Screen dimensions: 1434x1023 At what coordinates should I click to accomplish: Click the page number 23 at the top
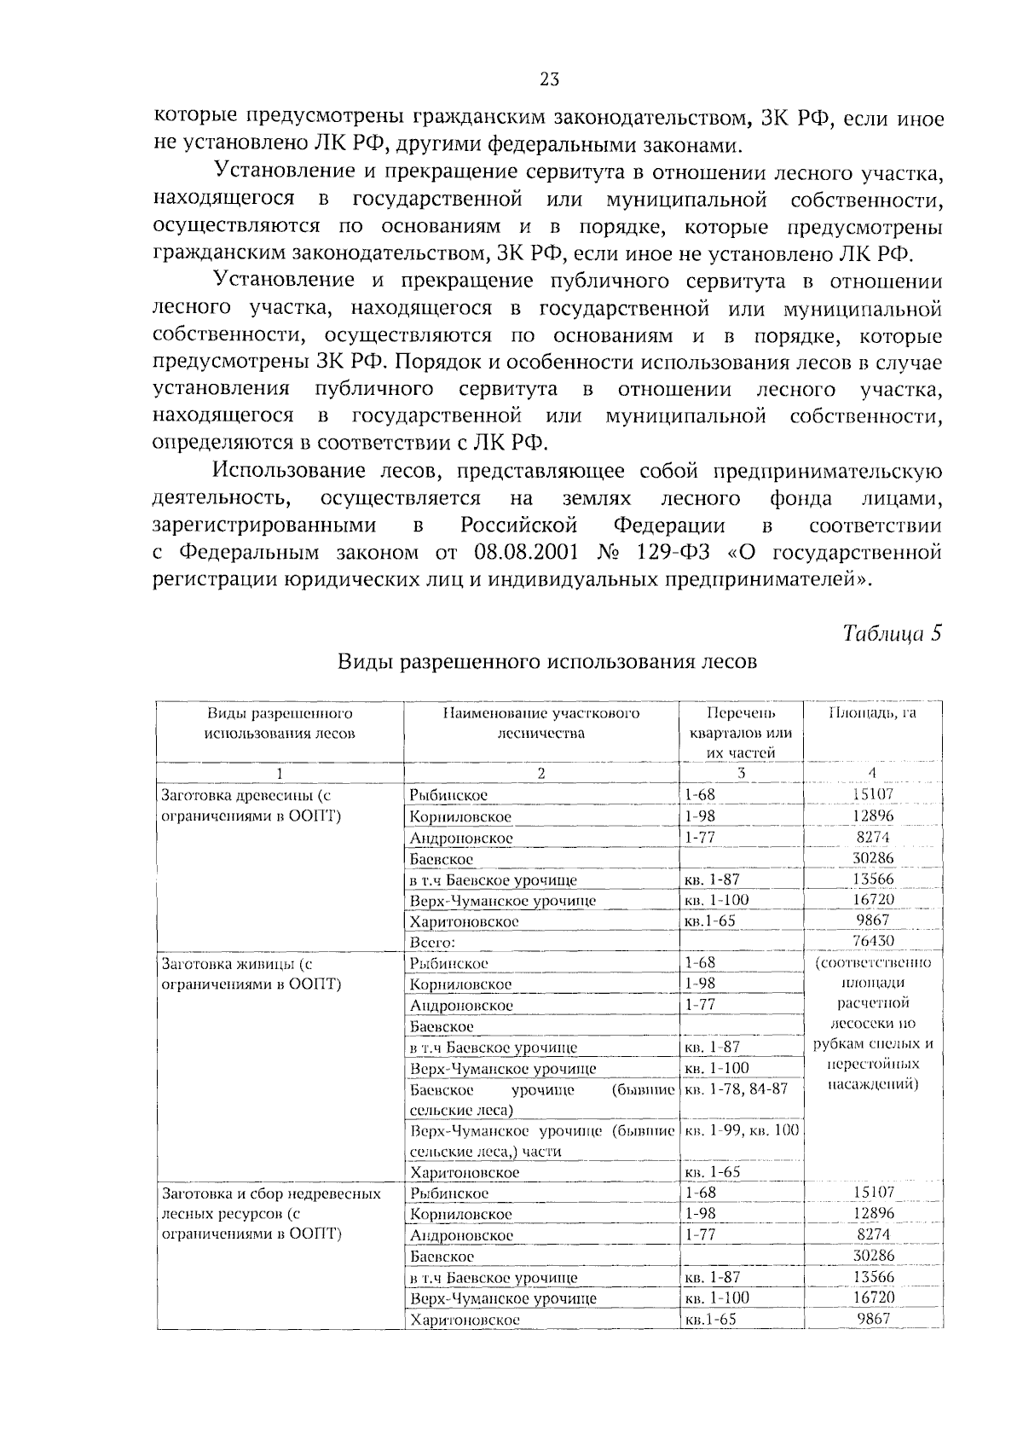pyautogui.click(x=549, y=79)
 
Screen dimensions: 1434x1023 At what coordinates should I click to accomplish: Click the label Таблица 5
pyautogui.click(x=892, y=634)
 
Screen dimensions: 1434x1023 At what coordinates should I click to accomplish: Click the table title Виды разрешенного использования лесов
pyautogui.click(x=547, y=662)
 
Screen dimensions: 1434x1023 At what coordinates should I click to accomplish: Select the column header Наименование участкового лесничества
pyautogui.click(x=540, y=723)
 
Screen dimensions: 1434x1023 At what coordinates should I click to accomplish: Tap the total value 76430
pyautogui.click(x=872, y=941)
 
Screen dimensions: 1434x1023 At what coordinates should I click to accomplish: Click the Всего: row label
pyautogui.click(x=433, y=943)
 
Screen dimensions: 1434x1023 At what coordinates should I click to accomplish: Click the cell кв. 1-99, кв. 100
pyautogui.click(x=743, y=1130)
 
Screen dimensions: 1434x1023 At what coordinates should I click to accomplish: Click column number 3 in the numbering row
pyautogui.click(x=741, y=773)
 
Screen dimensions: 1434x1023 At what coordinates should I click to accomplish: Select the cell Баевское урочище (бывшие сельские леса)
pyautogui.click(x=541, y=1100)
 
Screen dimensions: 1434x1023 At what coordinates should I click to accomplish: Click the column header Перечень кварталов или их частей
pyautogui.click(x=741, y=732)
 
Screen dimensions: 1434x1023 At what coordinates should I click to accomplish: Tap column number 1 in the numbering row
pyautogui.click(x=279, y=773)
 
